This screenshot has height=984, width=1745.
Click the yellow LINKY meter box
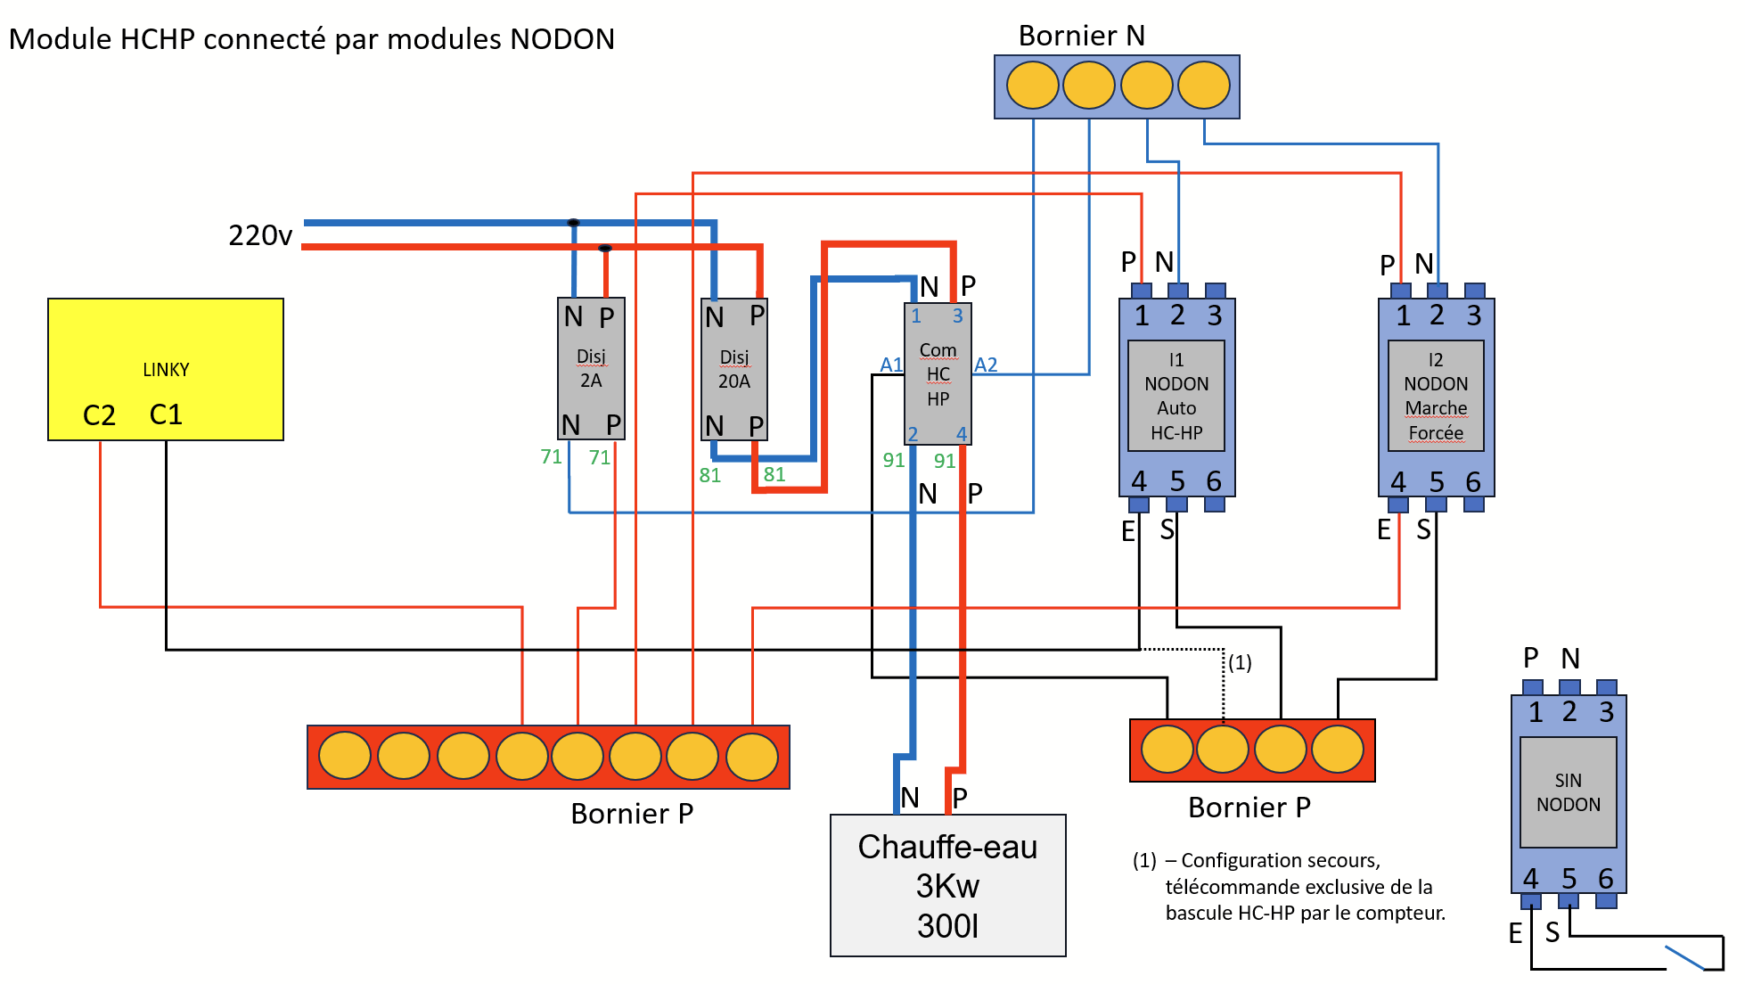click(166, 369)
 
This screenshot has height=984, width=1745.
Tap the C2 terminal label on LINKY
click(99, 415)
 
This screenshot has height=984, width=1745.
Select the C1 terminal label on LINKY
click(166, 414)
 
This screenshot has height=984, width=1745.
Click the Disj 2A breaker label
click(591, 368)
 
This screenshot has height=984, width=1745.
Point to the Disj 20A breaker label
click(734, 369)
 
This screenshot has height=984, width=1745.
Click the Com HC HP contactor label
click(938, 374)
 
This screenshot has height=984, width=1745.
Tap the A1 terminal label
click(891, 365)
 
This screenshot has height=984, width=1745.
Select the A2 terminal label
click(986, 365)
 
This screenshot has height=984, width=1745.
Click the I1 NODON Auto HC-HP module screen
click(1176, 396)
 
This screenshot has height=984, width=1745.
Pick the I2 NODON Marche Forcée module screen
click(1436, 396)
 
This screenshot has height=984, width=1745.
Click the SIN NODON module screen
click(1569, 792)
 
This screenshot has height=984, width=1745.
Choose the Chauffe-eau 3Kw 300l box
click(948, 885)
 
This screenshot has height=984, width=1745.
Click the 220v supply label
click(260, 235)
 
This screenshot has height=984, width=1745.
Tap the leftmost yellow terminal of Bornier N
click(1033, 86)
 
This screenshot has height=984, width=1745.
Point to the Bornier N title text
click(1082, 36)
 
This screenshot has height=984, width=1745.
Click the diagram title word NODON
click(562, 39)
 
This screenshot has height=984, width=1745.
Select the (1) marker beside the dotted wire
click(1241, 662)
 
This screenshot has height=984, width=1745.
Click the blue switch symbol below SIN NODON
click(1684, 957)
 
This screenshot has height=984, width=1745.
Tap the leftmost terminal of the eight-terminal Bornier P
click(345, 756)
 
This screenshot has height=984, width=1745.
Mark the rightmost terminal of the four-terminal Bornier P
click(1338, 749)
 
